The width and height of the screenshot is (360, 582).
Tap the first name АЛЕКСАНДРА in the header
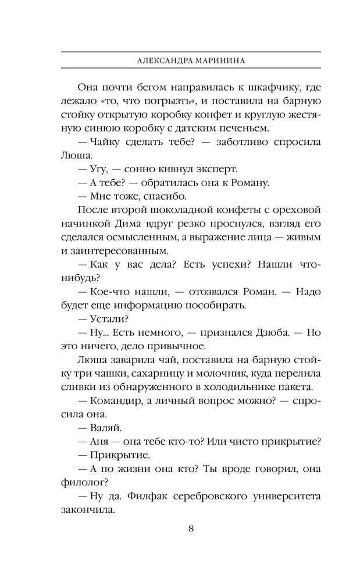click(162, 60)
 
